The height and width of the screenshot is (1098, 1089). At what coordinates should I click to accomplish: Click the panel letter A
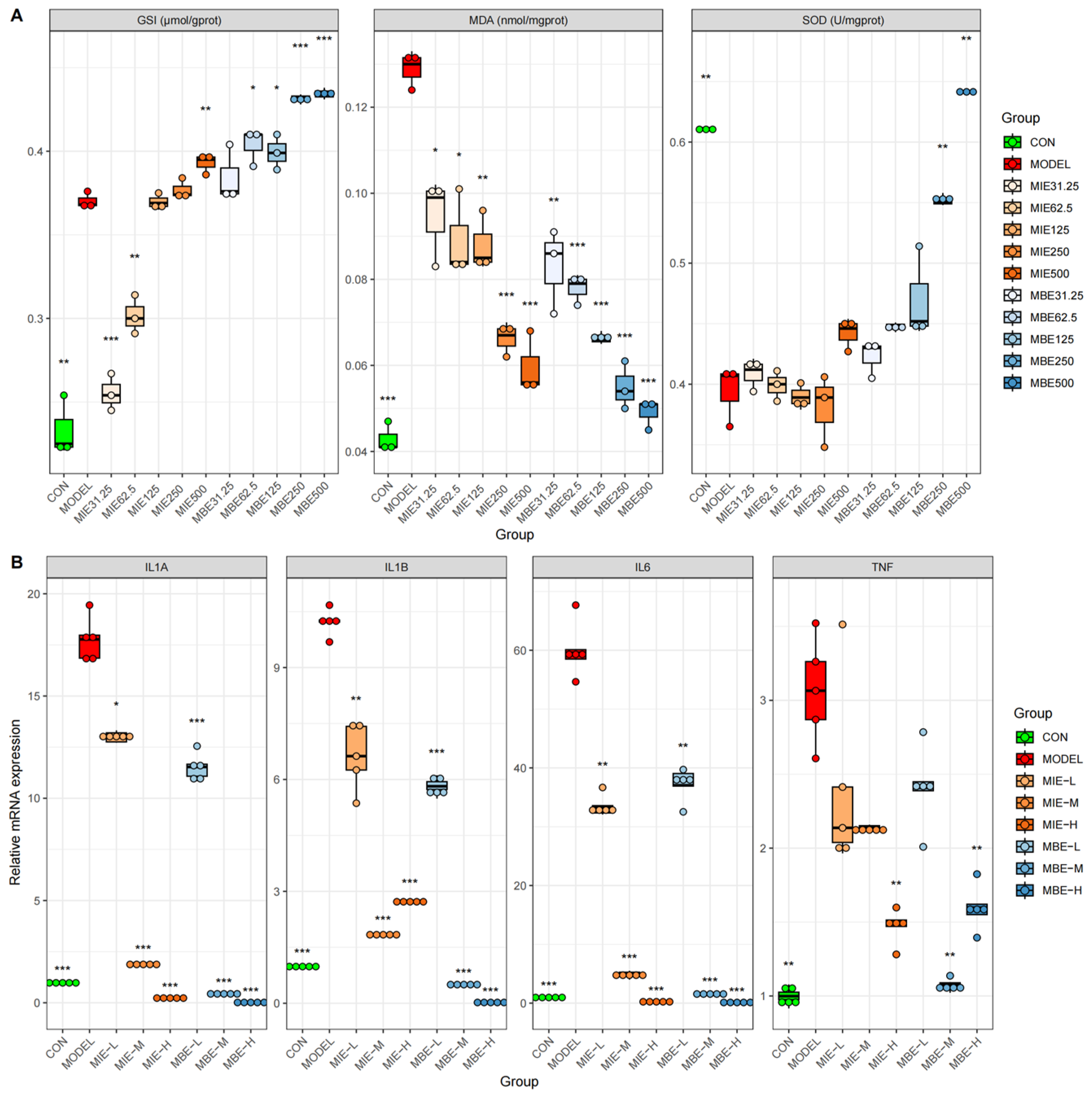17,15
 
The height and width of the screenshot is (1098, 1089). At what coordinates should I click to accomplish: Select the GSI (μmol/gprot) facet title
179,20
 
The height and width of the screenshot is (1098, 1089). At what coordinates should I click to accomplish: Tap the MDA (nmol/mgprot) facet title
518,20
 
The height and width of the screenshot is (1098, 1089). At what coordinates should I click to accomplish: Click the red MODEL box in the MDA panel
411,68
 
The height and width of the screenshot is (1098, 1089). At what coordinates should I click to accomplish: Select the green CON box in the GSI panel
63,433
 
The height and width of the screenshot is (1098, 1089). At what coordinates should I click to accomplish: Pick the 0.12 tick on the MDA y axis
356,107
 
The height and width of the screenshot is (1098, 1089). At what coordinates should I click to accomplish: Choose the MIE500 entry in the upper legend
1049,273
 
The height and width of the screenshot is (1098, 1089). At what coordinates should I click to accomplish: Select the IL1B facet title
396,567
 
